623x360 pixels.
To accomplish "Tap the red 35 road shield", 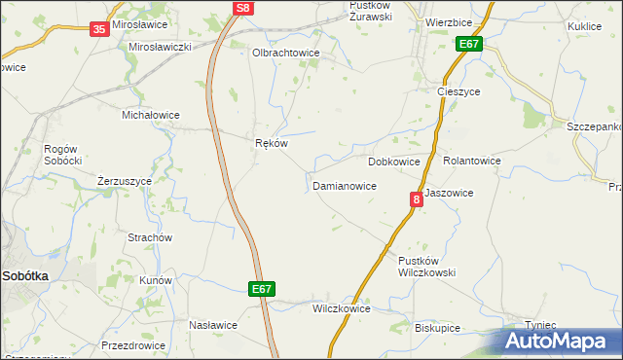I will pos(99,30).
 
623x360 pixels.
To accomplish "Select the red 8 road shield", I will pos(417,199).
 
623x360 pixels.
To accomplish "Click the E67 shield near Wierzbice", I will pos(469,44).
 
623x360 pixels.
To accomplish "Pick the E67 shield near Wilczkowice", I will pos(261,289).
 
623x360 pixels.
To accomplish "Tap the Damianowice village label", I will pos(344,185).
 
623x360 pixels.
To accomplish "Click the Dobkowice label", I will pos(394,162).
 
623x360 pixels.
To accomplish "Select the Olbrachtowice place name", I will pos(285,54).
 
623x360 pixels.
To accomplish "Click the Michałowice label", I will pos(150,115).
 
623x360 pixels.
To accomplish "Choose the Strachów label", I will pos(150,237).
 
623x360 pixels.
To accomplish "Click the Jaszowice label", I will pos(449,193).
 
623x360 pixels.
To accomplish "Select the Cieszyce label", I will pos(455,91).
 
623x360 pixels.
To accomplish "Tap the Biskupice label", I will pos(437,328).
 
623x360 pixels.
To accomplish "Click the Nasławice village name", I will pos(213,325).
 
